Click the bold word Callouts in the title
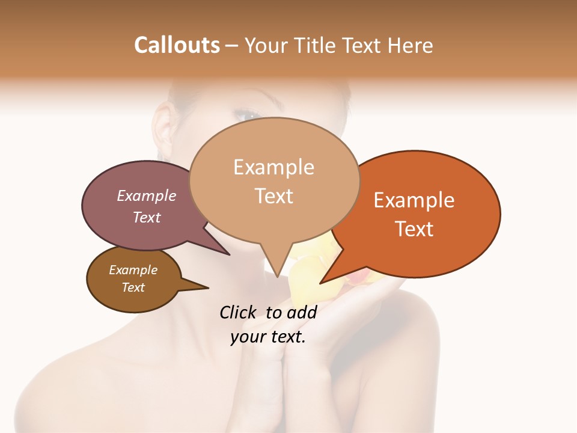177,45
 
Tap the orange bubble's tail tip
321,283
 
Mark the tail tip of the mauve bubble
229,255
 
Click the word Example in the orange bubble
414,200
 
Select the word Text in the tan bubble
274,196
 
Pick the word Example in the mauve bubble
147,195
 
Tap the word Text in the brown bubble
133,287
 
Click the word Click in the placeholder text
237,312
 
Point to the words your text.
268,337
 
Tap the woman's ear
163,129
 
